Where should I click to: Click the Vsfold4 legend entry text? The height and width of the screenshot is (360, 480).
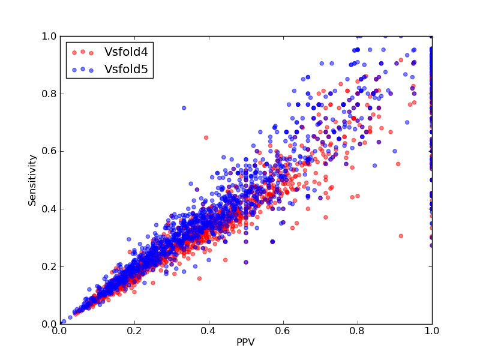(x=126, y=52)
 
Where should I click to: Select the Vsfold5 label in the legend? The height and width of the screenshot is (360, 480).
(x=126, y=70)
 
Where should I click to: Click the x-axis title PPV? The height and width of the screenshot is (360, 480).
(x=245, y=342)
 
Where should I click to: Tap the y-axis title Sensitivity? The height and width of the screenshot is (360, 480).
(x=32, y=181)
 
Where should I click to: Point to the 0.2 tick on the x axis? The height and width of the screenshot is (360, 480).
(x=134, y=331)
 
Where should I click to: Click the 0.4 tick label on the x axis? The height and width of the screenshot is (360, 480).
(x=209, y=331)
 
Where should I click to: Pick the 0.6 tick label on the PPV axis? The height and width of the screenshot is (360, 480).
(x=283, y=331)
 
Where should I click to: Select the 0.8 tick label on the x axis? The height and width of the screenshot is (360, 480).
(x=358, y=331)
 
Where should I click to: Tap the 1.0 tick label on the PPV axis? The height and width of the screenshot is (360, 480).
(x=432, y=331)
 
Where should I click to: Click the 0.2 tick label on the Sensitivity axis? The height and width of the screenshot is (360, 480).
(x=49, y=266)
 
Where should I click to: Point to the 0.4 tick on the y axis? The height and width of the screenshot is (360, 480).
(x=49, y=209)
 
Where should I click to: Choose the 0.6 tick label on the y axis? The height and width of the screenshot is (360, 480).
(x=49, y=152)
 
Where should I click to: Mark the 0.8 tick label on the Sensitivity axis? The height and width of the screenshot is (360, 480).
(x=49, y=94)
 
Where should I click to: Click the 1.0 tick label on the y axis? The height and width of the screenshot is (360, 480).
(x=49, y=36)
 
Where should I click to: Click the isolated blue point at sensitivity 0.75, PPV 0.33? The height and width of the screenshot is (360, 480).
(x=184, y=108)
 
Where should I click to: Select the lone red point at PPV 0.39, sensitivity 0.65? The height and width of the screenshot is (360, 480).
(x=206, y=138)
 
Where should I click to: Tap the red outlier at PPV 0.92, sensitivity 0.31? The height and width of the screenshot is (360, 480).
(x=401, y=236)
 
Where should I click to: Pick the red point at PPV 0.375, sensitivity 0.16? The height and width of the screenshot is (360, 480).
(x=200, y=278)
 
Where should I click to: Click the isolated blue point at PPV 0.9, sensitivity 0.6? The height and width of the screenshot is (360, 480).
(x=395, y=151)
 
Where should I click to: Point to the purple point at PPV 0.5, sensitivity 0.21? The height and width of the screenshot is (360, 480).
(x=246, y=262)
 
